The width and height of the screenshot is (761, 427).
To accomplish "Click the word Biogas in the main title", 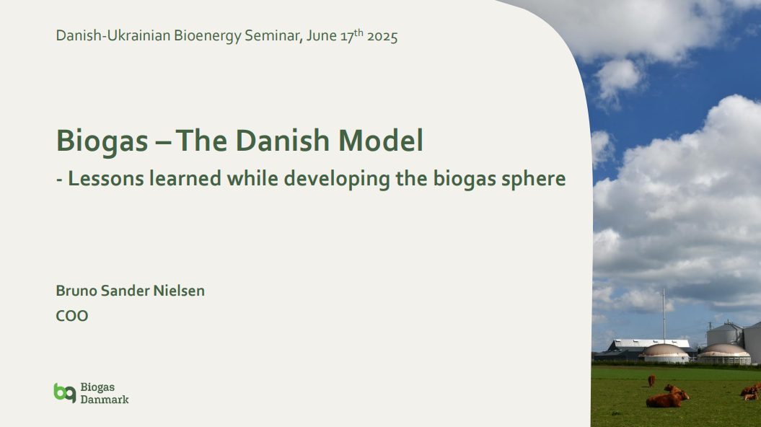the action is (102, 141).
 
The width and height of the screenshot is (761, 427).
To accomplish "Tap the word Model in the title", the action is (381, 140).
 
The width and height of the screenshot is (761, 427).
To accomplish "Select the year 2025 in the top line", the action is (382, 36).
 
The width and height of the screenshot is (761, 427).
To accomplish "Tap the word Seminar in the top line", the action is (272, 36).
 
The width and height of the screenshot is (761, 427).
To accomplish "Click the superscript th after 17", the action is (358, 32).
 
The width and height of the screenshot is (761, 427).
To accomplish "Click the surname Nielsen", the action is (179, 291).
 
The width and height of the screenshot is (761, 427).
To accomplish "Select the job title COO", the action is (72, 316).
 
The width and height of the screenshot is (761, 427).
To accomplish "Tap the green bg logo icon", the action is (65, 392).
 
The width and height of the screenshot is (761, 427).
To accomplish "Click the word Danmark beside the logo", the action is (105, 400).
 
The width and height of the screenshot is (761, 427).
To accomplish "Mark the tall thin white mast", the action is (664, 314).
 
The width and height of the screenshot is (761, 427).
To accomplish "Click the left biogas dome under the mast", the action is (664, 353).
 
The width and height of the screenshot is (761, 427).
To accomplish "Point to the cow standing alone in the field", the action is (651, 381).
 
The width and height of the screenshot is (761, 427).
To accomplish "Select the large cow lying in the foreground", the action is (667, 399).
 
